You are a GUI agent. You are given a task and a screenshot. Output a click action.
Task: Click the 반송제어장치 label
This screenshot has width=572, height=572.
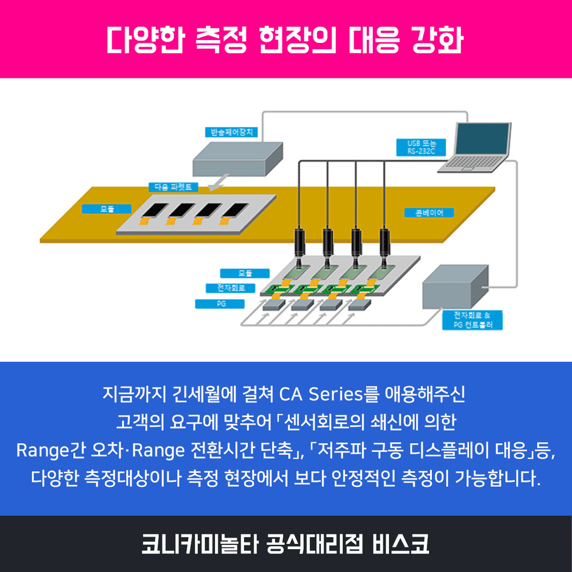pyautogui.click(x=231, y=132)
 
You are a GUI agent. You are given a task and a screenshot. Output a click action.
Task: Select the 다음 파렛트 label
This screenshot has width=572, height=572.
pyautogui.click(x=173, y=186)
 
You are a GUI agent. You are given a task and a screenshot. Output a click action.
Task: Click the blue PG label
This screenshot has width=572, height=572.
pyautogui.click(x=221, y=304)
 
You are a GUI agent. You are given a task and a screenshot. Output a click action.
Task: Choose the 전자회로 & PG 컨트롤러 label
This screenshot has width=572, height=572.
pyautogui.click(x=471, y=320)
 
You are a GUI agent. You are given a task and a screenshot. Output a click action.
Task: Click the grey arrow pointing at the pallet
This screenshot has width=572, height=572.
pyautogui.click(x=216, y=184)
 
